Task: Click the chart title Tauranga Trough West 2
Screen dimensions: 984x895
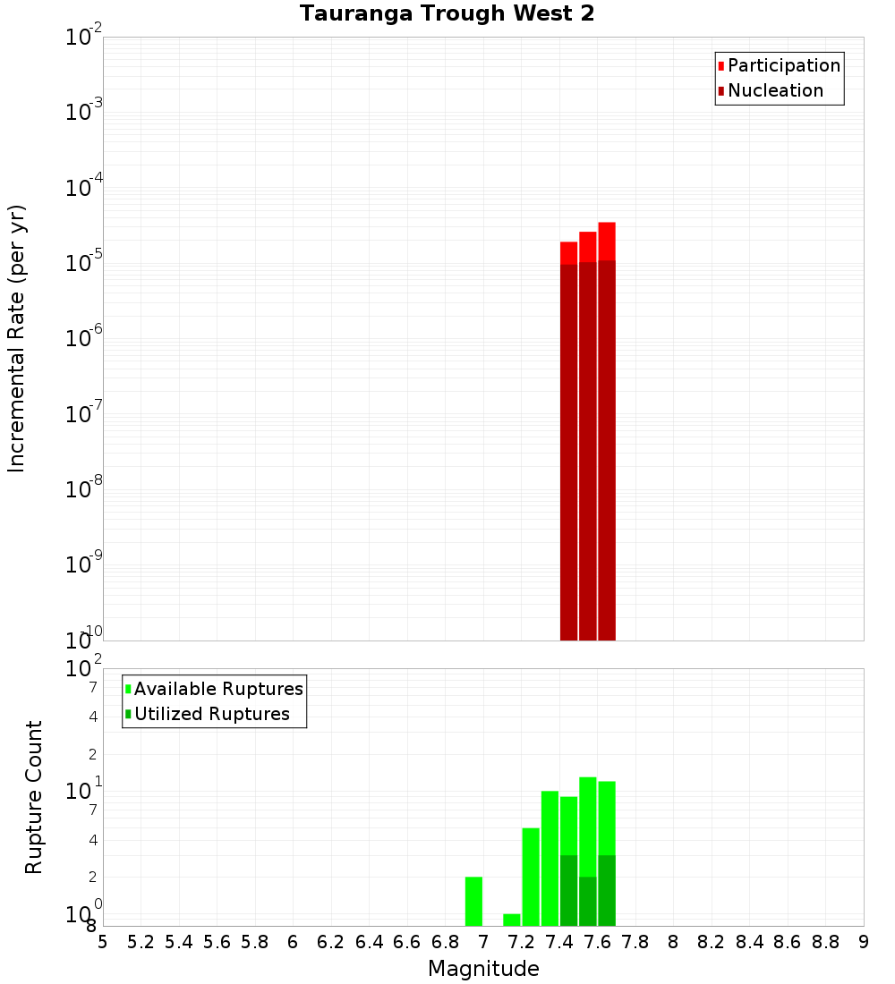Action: (447, 14)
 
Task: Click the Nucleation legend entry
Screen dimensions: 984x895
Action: (775, 90)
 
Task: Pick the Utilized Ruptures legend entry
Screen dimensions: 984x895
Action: (211, 714)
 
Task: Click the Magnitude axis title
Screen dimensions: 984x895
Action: (483, 969)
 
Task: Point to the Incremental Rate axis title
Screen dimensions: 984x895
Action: (17, 338)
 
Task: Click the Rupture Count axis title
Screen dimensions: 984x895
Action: (34, 797)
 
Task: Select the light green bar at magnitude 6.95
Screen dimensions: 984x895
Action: (473, 902)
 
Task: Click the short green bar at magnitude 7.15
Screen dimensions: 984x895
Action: (512, 920)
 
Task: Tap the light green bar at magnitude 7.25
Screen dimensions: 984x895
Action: (531, 877)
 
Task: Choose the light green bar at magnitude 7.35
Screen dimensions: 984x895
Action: (550, 859)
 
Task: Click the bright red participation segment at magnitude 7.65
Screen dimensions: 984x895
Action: (607, 242)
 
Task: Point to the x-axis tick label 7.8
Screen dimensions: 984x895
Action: (635, 942)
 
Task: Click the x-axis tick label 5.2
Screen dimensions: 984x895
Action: (141, 942)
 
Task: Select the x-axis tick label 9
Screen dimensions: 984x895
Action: (864, 942)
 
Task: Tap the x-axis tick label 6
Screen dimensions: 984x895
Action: (293, 942)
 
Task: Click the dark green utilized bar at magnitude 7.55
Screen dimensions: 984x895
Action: (588, 902)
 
